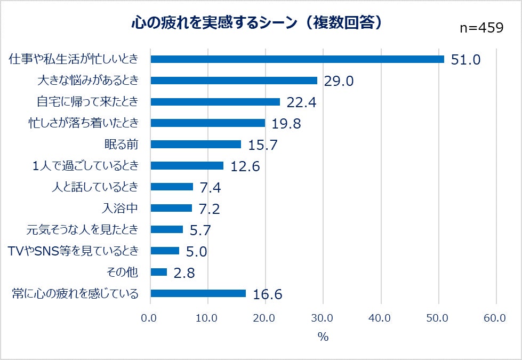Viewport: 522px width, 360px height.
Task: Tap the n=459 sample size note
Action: (x=481, y=28)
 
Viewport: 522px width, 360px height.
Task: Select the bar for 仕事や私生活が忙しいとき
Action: (x=297, y=59)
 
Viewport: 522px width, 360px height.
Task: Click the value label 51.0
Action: (x=465, y=60)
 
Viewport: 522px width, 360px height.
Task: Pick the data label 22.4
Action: (x=301, y=102)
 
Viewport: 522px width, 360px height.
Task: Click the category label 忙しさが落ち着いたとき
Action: (x=83, y=123)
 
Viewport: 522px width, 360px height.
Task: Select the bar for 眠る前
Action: (x=196, y=145)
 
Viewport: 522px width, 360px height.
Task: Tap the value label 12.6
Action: (x=245, y=166)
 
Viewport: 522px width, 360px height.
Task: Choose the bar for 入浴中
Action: (x=171, y=208)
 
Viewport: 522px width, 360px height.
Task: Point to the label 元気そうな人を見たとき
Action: (x=83, y=230)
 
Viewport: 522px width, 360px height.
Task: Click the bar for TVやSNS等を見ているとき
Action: (x=165, y=251)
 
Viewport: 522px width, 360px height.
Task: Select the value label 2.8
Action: (x=184, y=273)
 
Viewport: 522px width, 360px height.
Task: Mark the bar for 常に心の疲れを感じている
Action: (x=198, y=293)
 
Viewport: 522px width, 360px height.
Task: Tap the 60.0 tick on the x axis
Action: (x=495, y=318)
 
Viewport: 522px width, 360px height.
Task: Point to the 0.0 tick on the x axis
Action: (x=150, y=318)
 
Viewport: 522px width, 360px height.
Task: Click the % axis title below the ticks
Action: (x=323, y=337)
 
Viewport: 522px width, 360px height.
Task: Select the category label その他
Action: (x=123, y=273)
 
